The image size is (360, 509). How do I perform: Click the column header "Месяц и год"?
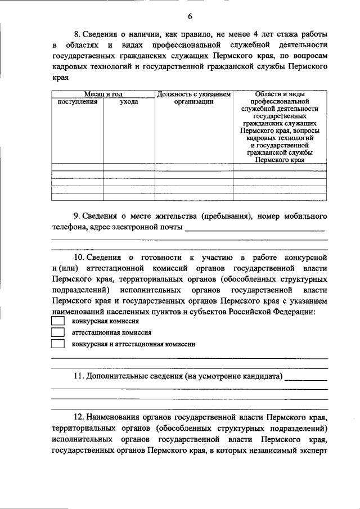103,94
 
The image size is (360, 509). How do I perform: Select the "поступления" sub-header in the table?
77,102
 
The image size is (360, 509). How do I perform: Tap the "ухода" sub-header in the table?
129,102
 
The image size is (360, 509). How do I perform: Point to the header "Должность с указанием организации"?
193,98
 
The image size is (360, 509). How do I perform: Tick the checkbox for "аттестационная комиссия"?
57,332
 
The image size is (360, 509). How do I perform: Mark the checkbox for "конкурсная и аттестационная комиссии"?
57,344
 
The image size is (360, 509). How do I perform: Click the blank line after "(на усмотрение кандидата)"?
307,378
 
